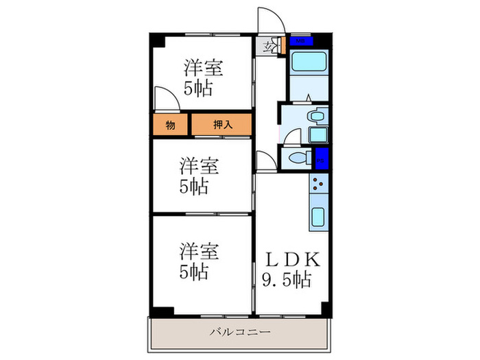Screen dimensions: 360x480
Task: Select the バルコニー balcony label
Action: pyautogui.click(x=240, y=333)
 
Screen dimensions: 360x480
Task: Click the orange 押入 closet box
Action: pyautogui.click(x=221, y=125)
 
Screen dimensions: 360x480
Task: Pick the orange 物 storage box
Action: pyautogui.click(x=169, y=125)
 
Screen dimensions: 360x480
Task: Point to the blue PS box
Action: pyautogui.click(x=322, y=159)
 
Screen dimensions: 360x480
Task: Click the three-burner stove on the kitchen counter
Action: pyautogui.click(x=319, y=184)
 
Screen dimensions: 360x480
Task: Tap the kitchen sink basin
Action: pyautogui.click(x=319, y=219)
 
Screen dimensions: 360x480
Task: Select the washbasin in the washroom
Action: pyautogui.click(x=316, y=116)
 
